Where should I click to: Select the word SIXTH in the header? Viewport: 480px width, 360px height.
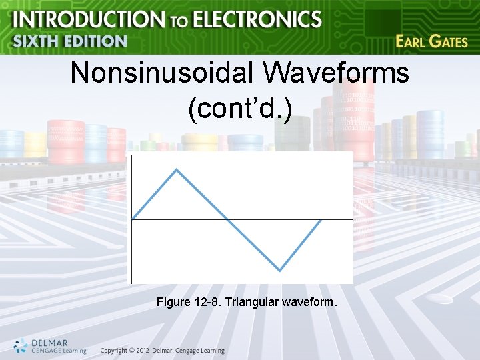(37, 41)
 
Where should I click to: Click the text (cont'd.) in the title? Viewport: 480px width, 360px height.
(240, 109)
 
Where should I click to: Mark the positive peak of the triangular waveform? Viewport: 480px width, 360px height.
(177, 169)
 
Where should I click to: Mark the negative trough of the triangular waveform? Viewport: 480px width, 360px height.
(280, 270)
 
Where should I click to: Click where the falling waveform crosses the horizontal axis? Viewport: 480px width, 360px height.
(229, 219)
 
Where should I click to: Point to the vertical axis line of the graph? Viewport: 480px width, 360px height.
(132, 253)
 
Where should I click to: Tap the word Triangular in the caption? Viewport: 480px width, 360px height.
(253, 303)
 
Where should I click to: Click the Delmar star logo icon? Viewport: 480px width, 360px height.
(21, 346)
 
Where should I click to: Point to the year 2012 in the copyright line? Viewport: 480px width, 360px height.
(139, 351)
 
